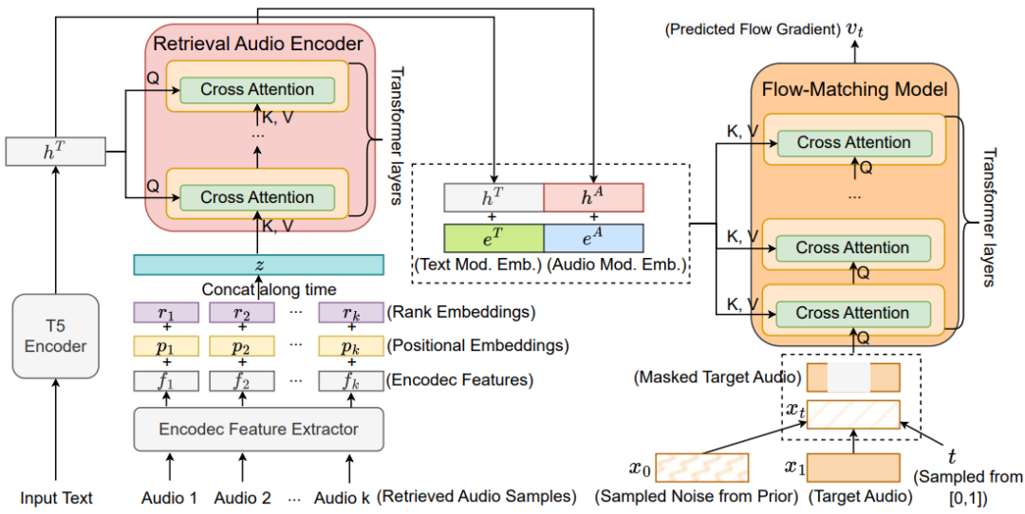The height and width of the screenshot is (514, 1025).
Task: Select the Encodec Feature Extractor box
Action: pos(259,429)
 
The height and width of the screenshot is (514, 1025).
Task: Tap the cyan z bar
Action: pos(259,265)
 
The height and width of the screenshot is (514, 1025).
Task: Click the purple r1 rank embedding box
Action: pos(167,312)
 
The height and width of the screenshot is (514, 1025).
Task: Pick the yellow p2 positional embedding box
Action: pos(242,346)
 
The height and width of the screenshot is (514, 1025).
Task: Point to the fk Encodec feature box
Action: pos(349,380)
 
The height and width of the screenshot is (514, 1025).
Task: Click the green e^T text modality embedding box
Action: pos(494,236)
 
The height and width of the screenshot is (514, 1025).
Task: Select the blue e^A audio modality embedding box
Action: pos(593,236)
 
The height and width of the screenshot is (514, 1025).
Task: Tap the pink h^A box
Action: pos(593,197)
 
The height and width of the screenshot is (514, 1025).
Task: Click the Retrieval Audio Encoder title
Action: pos(258,44)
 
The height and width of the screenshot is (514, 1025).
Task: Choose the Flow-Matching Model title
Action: pos(855,91)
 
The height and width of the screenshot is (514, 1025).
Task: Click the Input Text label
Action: pos(56,497)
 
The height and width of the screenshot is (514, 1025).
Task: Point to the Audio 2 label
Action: pos(242,497)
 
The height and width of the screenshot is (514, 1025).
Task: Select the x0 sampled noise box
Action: pos(701,468)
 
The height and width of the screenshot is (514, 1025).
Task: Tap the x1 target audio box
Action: pos(852,468)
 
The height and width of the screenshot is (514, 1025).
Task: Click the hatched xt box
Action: pos(852,414)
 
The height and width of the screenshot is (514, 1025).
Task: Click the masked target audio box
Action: pos(852,377)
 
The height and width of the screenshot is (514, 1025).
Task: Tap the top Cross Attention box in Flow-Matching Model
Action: pos(854,143)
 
